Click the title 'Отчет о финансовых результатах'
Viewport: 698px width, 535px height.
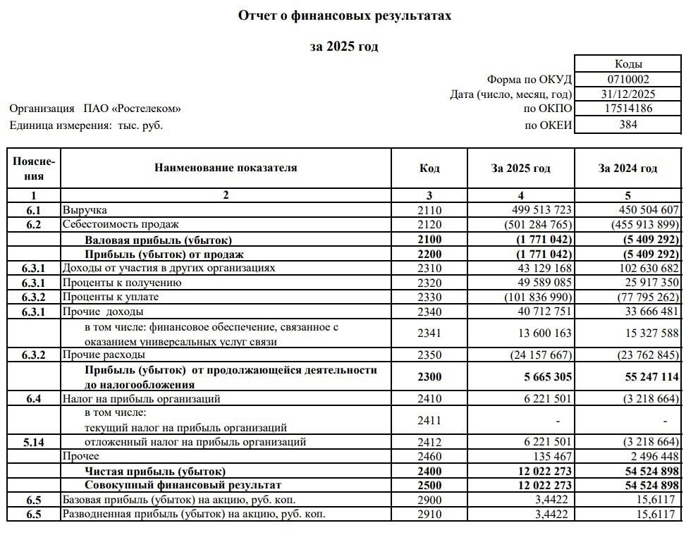pos(345,16)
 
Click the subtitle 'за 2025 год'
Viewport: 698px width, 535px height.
pos(344,47)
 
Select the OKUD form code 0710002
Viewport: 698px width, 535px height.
pos(628,80)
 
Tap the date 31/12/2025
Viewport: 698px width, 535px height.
pos(628,94)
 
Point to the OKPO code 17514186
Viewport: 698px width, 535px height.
pos(628,109)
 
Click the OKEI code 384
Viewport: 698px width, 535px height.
pos(628,125)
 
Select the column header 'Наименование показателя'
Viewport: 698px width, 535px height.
pos(226,168)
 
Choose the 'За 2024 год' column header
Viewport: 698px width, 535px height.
pos(627,168)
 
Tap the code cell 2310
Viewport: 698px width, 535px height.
pos(429,268)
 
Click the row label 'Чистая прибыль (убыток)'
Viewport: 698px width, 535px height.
pos(155,471)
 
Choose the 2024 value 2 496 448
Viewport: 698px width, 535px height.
pos(649,456)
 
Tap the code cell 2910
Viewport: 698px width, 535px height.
pos(429,514)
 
